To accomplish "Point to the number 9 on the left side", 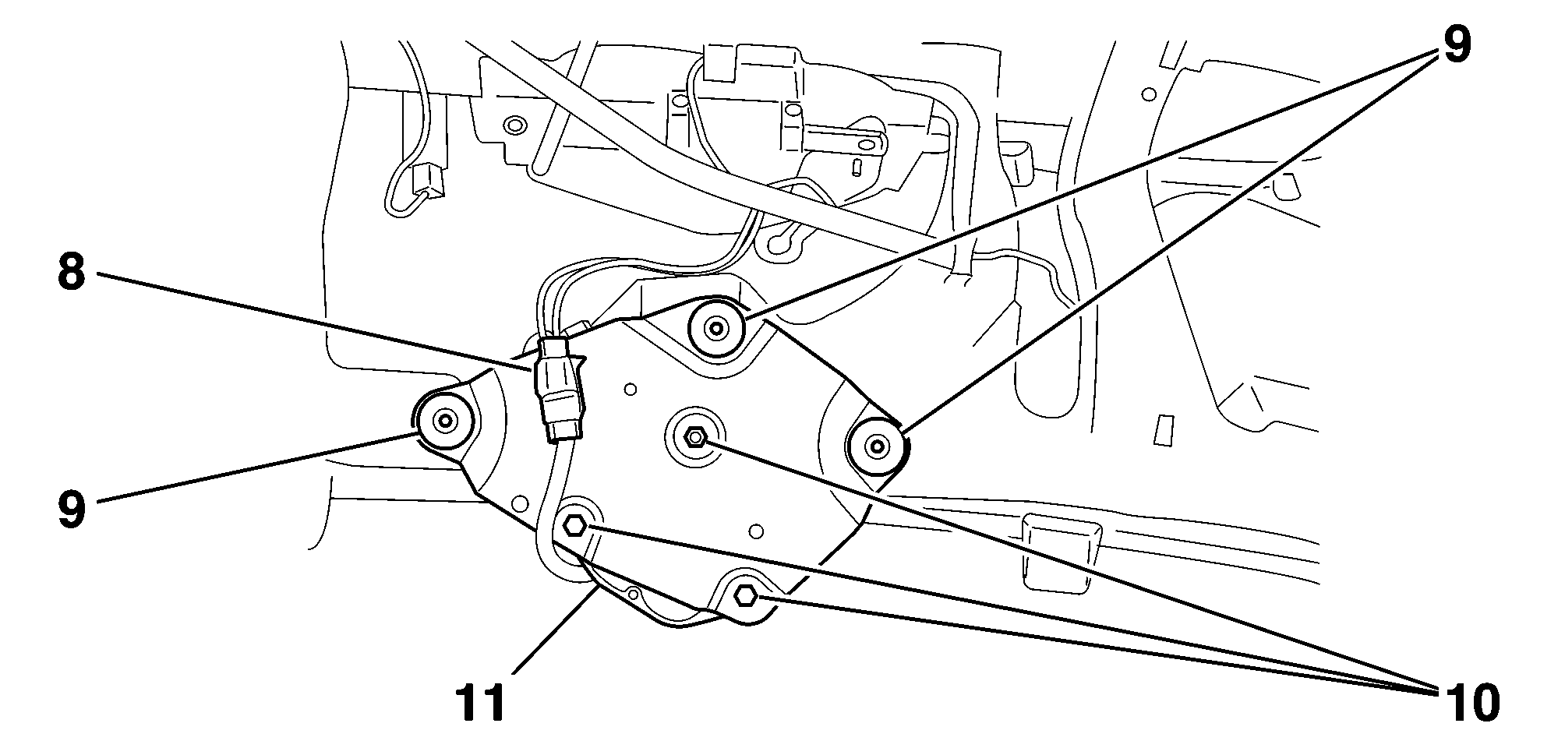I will (x=71, y=510).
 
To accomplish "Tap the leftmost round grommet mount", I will (x=445, y=422).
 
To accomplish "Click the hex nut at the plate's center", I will (x=694, y=437).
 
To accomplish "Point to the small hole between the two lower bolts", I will (x=634, y=595).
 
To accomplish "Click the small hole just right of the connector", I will (x=631, y=389).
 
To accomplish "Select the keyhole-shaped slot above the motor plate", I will (x=783, y=238).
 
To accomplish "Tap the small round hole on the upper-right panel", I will (x=1148, y=94).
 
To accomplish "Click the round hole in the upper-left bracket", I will (x=513, y=125).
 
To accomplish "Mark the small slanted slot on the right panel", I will (x=1164, y=431).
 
